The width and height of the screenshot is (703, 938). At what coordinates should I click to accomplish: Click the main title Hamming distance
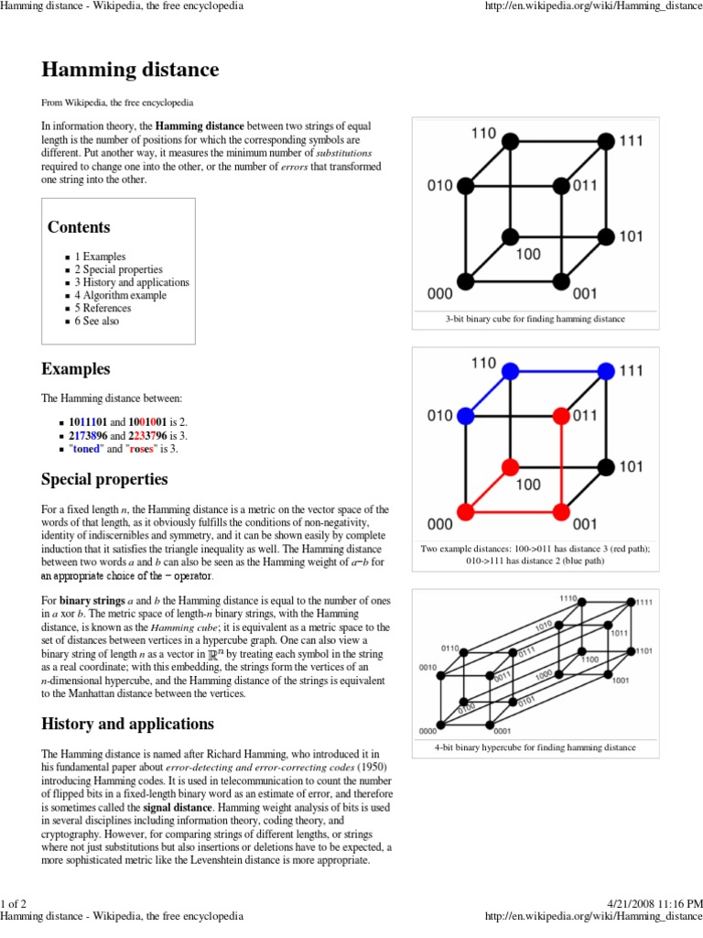point(130,70)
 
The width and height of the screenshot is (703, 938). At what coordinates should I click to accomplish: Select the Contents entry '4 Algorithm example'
point(121,296)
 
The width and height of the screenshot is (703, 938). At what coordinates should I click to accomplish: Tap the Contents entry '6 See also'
point(97,322)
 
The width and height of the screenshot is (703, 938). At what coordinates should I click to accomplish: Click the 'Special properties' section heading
point(104,479)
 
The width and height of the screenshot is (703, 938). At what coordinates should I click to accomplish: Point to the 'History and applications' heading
point(127,724)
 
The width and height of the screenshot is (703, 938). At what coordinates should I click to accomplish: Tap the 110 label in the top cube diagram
point(483,133)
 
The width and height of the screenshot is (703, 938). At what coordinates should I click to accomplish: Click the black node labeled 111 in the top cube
point(605,141)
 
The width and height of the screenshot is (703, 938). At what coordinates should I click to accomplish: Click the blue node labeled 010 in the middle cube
point(465,417)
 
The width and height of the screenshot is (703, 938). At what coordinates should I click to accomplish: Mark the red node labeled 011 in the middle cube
point(562,417)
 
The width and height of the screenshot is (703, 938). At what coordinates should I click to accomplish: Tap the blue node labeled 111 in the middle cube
point(605,371)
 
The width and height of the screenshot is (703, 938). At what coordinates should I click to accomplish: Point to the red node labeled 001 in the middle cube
point(562,510)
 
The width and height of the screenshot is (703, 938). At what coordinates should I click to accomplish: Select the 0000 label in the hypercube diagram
point(427,730)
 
